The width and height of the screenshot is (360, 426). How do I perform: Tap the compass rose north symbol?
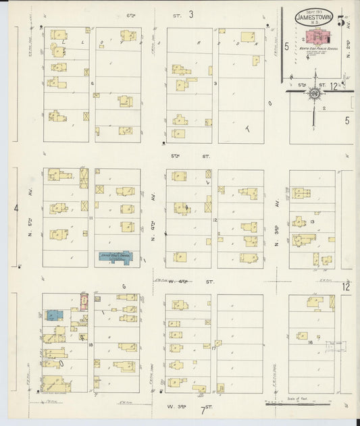pos(315,93)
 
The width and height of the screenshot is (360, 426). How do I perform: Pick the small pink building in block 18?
pos(84,301)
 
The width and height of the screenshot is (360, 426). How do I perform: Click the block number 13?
pos(313,221)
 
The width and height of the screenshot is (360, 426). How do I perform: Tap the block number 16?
pos(310,342)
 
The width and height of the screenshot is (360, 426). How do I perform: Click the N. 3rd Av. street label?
pos(278,221)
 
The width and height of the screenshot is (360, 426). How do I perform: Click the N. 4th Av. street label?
pos(154,221)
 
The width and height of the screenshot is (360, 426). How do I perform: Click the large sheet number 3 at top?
pos(191,14)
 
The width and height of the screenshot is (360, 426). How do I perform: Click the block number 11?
pos(90,218)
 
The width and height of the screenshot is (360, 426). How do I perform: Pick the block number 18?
pos(90,345)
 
